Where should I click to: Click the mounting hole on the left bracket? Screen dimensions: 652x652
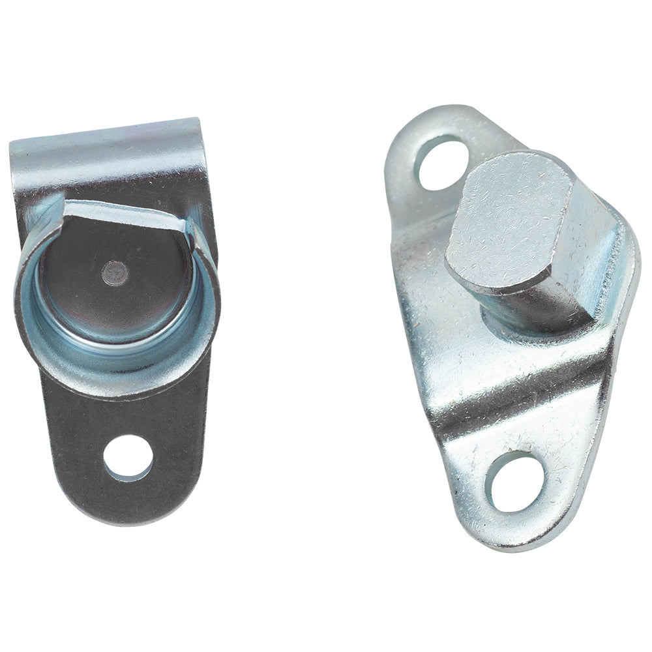[x=128, y=458]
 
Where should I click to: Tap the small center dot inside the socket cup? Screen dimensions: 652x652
[x=115, y=270]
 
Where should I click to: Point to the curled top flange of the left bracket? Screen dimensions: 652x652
[x=108, y=140]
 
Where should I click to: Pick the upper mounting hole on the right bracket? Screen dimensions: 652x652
[x=440, y=162]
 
